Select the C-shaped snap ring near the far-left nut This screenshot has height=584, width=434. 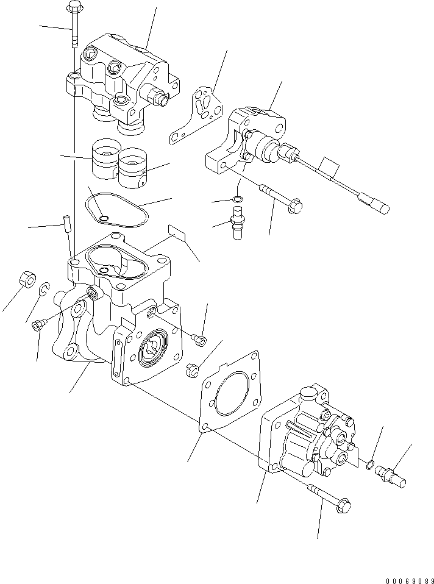[x=44, y=290]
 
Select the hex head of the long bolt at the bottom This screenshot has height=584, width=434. [x=343, y=505]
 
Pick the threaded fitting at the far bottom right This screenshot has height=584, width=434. [x=393, y=474]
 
